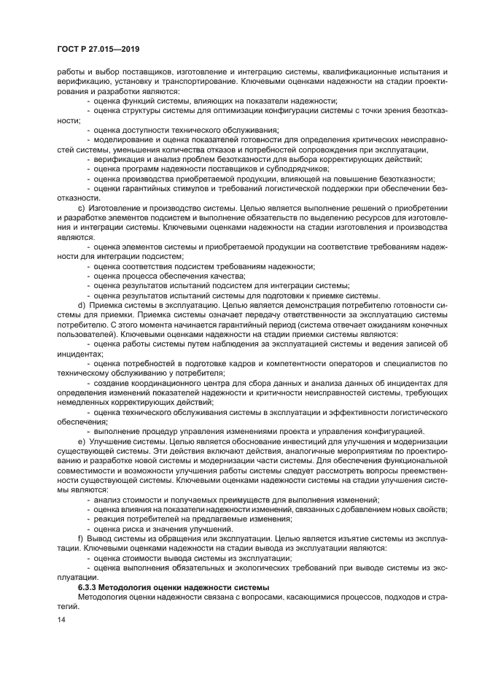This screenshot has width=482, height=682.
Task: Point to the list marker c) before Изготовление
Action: (x=80, y=209)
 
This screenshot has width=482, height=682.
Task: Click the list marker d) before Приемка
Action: (x=80, y=304)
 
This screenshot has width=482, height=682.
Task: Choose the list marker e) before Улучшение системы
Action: (x=80, y=442)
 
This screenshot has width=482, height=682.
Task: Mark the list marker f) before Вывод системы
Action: (x=80, y=538)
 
